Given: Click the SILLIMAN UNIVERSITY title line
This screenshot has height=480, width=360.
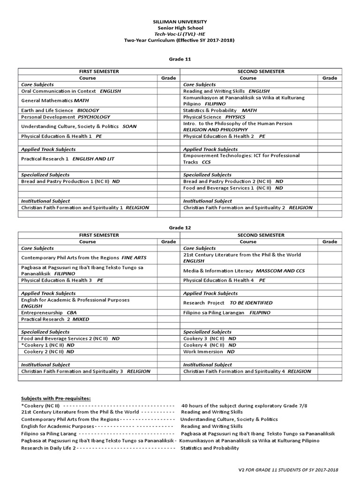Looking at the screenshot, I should tap(180, 22).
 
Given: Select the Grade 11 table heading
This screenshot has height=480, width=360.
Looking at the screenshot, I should tap(180, 59).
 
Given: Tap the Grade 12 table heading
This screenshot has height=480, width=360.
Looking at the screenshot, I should tap(180, 227).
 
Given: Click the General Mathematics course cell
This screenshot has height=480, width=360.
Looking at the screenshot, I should tap(55, 100).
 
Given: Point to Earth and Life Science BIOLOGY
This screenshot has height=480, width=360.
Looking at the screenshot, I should tap(60, 110).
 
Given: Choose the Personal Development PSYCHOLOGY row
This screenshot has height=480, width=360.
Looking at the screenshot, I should tap(66, 117).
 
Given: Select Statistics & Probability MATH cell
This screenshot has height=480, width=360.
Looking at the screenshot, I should tap(220, 110).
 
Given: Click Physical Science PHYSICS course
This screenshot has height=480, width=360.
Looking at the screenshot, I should tap(214, 117).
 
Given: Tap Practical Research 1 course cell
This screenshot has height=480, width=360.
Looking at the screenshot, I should tap(67, 159).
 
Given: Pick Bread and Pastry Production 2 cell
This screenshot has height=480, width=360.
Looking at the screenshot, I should tap(233, 181).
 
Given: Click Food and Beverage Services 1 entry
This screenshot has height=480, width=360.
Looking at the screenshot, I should tap(233, 187).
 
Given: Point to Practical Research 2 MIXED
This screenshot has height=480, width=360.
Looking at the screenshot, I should tap(55, 319).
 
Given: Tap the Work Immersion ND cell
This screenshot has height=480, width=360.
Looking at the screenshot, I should tap(209, 351).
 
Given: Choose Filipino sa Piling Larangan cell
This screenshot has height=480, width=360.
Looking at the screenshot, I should tap(227, 312).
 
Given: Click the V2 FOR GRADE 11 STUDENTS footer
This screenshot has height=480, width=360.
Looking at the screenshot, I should tap(288, 470).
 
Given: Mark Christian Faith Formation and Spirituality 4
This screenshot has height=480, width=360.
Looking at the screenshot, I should tap(247, 371).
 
